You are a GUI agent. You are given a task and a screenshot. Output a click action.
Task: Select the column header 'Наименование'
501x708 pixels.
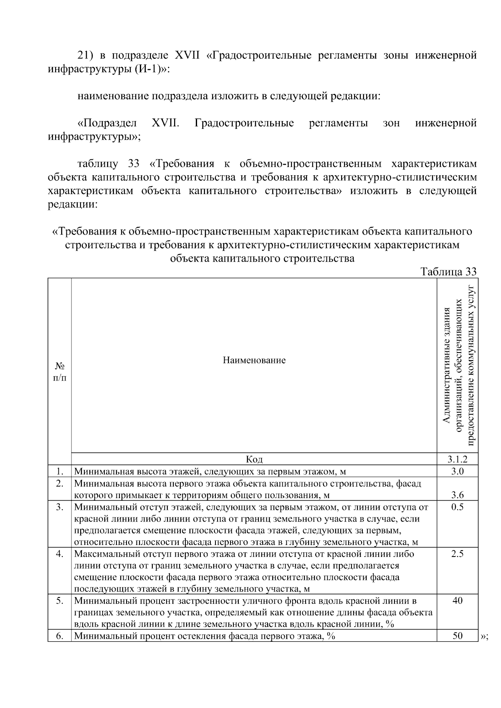point(254,360)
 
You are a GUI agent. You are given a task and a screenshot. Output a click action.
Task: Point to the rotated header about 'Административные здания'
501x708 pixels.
point(458,365)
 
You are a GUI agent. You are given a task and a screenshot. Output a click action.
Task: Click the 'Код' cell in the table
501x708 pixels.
point(254,459)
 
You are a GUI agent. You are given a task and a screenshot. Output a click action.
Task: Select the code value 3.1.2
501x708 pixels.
point(457,459)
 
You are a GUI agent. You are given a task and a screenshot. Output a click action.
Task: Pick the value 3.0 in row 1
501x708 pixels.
point(457,471)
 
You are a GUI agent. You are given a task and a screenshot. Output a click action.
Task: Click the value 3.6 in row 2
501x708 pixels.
point(457,495)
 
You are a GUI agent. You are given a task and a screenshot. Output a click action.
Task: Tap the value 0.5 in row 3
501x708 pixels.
point(457,507)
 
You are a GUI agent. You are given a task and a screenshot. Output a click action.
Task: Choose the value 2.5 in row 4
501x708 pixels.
point(457,554)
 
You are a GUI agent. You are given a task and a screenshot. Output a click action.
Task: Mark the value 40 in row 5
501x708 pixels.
point(457,601)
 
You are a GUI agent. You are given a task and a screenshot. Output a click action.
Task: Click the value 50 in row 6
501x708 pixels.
point(457,636)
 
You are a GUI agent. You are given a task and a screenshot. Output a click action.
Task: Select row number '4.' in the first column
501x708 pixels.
point(60,554)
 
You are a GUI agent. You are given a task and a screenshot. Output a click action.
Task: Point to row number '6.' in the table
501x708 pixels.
point(60,637)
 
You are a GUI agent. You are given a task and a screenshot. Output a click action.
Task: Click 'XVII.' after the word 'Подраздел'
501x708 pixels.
point(165,123)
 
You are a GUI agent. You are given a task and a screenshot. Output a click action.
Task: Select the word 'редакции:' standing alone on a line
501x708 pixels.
point(73,205)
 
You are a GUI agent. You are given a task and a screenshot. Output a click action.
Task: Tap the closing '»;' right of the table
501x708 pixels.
point(485,637)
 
